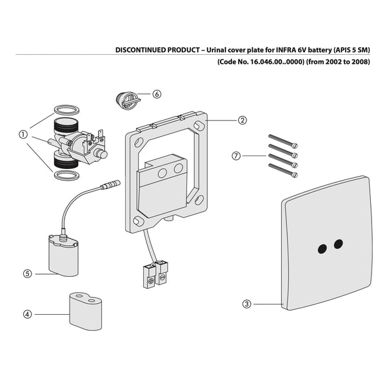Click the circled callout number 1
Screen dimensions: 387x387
(x=23, y=135)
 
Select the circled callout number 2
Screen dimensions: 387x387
(x=242, y=120)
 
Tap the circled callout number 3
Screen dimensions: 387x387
(x=246, y=303)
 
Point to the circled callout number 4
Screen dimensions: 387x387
(x=27, y=314)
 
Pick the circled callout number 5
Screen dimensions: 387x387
(x=27, y=273)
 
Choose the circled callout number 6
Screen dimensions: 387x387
(x=157, y=94)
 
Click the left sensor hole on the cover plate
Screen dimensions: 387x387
(x=321, y=247)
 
